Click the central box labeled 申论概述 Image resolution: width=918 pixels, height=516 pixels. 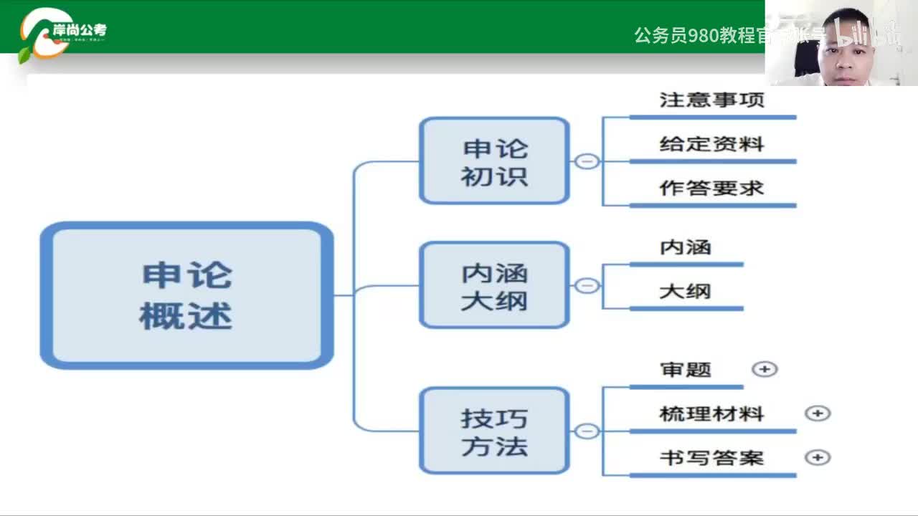click(x=186, y=295)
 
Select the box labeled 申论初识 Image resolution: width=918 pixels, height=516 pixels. click(x=494, y=161)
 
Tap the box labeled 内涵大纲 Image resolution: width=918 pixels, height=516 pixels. click(x=494, y=285)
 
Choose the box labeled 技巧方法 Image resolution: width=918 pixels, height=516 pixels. click(x=494, y=431)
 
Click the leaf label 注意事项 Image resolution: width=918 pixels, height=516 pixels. click(x=711, y=100)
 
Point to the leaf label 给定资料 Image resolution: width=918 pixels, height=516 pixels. click(x=711, y=144)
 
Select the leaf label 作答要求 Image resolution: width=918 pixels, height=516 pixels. click(x=711, y=188)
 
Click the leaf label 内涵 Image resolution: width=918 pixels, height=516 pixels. click(x=685, y=247)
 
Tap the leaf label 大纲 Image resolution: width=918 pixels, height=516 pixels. click(x=685, y=292)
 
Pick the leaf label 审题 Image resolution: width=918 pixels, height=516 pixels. click(x=685, y=370)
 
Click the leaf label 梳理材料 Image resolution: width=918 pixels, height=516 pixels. click(x=711, y=414)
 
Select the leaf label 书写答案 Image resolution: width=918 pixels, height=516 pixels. click(x=711, y=457)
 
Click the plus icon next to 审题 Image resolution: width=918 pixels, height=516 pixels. click(x=765, y=369)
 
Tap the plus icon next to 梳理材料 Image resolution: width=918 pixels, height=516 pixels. click(x=818, y=414)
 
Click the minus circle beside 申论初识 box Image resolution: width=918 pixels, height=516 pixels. click(x=587, y=161)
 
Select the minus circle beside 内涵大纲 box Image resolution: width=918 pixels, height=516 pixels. click(x=587, y=286)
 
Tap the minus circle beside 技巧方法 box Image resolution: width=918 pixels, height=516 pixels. click(x=587, y=431)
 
